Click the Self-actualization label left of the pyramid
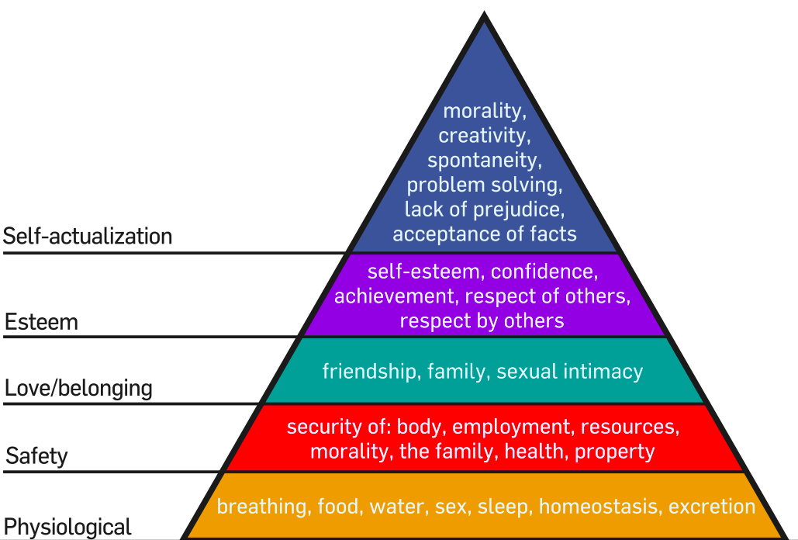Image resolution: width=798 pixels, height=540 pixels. pyautogui.click(x=88, y=236)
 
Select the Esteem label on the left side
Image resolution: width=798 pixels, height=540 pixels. pyautogui.click(x=42, y=321)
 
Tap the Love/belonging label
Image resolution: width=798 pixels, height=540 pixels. pyautogui.click(x=78, y=387)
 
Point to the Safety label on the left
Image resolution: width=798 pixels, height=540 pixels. pyautogui.click(x=36, y=455)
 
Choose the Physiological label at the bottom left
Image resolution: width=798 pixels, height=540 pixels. pyautogui.click(x=68, y=527)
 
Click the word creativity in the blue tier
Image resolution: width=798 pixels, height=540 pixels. pyautogui.click(x=483, y=135)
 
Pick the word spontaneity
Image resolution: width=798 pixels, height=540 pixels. pyautogui.click(x=483, y=160)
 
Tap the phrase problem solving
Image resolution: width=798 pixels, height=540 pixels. pyautogui.click(x=483, y=185)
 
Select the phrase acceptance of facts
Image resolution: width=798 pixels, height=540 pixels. pyautogui.click(x=484, y=233)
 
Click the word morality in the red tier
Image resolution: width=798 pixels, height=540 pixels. pyautogui.click(x=351, y=451)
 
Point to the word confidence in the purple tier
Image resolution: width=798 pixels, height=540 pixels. pyautogui.click(x=544, y=272)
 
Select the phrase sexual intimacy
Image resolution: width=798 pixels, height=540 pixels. pyautogui.click(x=569, y=371)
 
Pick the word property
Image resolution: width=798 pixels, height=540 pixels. pyautogui.click(x=614, y=451)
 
